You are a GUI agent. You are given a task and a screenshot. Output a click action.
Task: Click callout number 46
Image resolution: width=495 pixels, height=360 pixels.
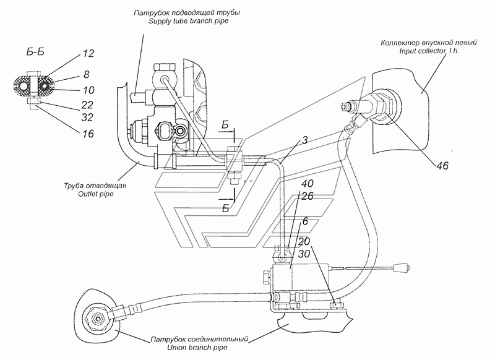(x=442, y=165)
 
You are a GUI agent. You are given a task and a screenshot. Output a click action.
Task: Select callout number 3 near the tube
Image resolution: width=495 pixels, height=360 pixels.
(x=304, y=140)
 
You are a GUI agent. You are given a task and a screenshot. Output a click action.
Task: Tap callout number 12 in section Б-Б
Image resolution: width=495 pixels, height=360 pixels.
(x=88, y=53)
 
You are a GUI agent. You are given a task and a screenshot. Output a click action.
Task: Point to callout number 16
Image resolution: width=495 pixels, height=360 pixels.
(x=88, y=134)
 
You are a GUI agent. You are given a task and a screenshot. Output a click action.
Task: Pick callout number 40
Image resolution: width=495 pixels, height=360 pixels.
(x=308, y=184)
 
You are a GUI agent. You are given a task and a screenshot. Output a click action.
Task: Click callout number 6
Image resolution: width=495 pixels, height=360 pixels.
(x=305, y=221)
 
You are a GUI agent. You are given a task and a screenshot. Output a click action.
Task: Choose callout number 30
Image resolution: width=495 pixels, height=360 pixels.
(x=304, y=254)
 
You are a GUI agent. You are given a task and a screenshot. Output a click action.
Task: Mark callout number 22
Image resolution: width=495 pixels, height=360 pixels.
(x=87, y=105)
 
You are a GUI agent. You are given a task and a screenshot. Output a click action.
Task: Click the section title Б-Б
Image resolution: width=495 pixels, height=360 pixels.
(x=35, y=52)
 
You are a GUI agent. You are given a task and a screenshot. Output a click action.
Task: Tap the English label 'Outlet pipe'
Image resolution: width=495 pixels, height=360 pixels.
(x=95, y=194)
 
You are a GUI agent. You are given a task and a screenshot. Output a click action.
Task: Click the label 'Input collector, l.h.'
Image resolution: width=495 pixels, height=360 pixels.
(x=429, y=51)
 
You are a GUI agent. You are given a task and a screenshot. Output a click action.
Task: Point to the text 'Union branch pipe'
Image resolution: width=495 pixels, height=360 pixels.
(x=197, y=348)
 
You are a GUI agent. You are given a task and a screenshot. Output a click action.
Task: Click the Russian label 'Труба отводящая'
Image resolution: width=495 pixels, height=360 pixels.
(x=95, y=185)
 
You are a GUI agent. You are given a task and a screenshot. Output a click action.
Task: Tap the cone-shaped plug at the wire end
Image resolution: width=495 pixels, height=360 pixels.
(x=402, y=268)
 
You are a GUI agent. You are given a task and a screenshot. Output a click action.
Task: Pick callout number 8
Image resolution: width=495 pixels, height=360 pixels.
(x=86, y=74)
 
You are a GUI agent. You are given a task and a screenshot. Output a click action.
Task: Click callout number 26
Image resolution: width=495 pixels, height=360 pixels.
(x=308, y=196)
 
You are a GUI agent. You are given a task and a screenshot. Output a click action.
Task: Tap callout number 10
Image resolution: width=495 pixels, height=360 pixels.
(x=88, y=90)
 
